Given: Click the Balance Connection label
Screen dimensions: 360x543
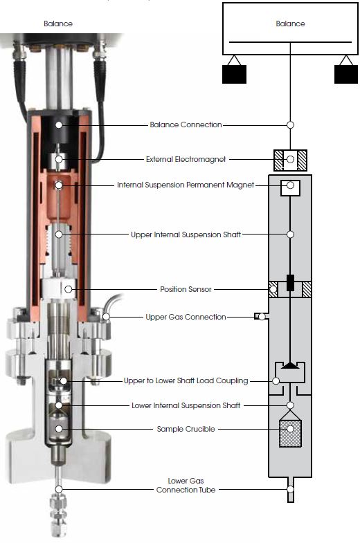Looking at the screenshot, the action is (186, 125).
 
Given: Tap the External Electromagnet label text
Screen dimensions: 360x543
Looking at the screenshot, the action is (186, 159).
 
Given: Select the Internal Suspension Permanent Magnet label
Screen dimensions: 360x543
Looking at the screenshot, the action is (186, 185).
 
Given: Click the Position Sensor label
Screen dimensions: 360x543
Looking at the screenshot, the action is (186, 289).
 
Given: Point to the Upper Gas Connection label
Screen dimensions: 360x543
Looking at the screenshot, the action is (186, 317).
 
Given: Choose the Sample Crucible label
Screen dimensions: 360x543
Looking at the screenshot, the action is (186, 429).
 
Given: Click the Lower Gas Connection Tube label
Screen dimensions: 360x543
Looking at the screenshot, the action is (186, 485).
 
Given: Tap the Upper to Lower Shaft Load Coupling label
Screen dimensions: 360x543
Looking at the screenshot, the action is (186, 380).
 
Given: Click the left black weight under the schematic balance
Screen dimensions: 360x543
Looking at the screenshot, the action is (234, 74).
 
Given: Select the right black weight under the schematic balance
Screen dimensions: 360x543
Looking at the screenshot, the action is (346, 74).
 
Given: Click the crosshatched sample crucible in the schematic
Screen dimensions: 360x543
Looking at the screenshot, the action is (290, 433).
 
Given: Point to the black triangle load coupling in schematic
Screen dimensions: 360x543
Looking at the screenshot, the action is (290, 365).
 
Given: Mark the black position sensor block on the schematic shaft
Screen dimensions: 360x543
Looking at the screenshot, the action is (290, 283).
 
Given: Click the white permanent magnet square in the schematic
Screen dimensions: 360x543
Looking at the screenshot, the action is (290, 187).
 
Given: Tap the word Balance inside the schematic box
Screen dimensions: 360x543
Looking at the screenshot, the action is (290, 24).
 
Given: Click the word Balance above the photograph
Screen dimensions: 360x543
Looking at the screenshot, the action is (58, 24).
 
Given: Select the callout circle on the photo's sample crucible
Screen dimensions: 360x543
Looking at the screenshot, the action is (60, 429).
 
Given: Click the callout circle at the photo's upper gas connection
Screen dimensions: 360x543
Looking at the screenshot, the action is (106, 317).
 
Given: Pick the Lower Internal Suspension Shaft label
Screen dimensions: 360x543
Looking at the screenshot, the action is (186, 405).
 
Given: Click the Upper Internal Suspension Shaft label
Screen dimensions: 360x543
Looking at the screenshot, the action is (186, 234).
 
